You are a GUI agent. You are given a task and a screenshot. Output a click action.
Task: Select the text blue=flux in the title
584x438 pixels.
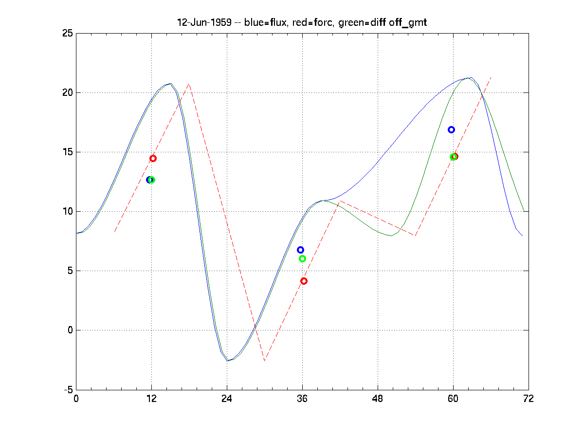tap(262, 23)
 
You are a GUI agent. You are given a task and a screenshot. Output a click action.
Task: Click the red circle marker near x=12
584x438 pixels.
tap(153, 158)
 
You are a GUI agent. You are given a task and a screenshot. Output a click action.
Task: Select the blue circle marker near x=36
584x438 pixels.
tap(300, 250)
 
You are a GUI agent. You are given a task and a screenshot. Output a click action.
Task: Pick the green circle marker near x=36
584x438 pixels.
tap(302, 258)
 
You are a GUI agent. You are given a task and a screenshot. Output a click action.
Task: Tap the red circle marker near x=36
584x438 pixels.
tap(304, 281)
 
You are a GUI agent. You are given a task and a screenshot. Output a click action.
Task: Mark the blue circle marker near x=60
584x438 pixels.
tap(451, 129)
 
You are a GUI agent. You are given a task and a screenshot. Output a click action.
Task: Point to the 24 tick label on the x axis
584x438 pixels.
tap(227, 399)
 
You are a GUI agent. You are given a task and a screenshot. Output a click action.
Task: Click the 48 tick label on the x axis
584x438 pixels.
tap(378, 399)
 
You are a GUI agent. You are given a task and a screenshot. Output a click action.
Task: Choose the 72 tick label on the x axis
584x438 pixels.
tap(529, 399)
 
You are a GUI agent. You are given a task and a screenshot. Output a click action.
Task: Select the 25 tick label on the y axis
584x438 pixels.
tap(67, 33)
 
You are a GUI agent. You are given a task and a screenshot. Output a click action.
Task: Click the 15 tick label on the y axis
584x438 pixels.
tap(67, 152)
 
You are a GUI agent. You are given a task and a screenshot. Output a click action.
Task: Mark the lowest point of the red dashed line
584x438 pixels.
tap(264, 361)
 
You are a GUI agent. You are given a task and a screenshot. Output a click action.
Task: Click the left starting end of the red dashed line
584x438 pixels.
tap(114, 231)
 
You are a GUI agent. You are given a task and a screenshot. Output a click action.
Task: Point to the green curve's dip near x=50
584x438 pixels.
tap(391, 236)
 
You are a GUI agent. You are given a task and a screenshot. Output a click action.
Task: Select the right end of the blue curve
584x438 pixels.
tap(522, 236)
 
